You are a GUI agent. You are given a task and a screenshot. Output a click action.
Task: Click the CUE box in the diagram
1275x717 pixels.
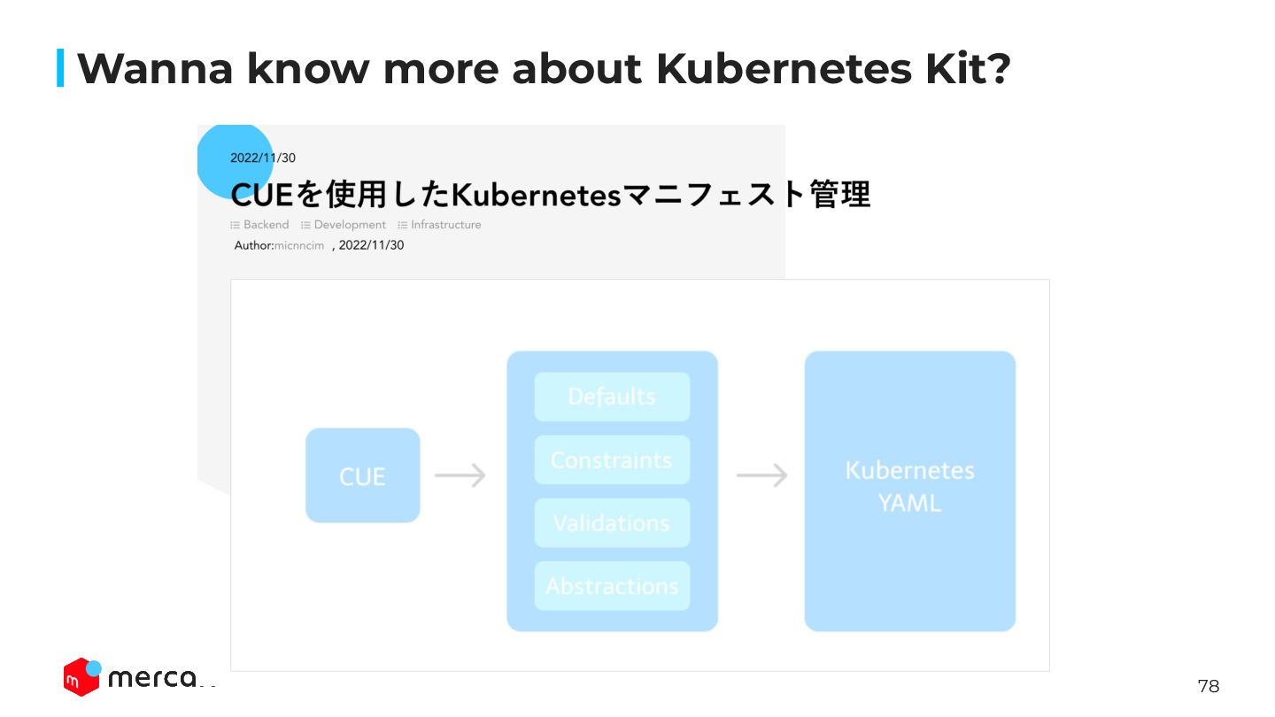(362, 475)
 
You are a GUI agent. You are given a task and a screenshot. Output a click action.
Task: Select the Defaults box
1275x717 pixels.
(612, 397)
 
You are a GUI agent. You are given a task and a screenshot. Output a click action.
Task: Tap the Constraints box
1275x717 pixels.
(612, 459)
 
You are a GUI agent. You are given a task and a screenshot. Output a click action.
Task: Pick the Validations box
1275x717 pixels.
(612, 522)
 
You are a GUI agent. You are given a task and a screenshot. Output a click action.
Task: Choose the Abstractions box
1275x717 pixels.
(612, 586)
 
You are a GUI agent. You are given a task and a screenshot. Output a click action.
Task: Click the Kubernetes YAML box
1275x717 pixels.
(909, 490)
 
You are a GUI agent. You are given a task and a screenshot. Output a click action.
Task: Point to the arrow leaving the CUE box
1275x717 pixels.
(460, 475)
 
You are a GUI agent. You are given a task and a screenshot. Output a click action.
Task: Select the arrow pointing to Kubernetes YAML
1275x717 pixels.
(761, 475)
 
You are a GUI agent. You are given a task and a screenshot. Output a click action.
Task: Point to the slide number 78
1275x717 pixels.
(1208, 686)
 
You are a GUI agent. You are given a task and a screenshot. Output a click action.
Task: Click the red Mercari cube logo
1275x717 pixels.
(81, 677)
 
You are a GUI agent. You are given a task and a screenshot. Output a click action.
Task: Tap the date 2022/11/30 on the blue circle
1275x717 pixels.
(262, 158)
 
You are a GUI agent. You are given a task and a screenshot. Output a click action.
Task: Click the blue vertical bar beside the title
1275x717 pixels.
(60, 68)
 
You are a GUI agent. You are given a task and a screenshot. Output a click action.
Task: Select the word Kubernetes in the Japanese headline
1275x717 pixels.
(537, 194)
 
